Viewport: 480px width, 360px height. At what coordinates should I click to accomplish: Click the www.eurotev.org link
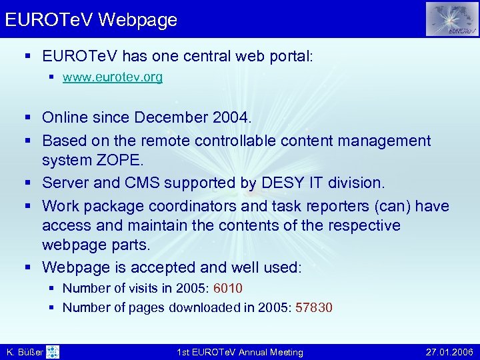[112, 77]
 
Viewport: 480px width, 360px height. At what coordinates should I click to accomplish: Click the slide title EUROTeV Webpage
[91, 19]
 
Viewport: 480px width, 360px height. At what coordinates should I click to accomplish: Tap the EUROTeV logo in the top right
[452, 19]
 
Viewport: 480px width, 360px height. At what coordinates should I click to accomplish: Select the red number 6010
[227, 289]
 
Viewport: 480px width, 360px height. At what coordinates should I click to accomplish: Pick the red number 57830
[314, 308]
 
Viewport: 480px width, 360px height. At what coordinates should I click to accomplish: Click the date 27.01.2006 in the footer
[448, 352]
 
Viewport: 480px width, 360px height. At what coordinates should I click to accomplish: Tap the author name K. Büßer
[24, 352]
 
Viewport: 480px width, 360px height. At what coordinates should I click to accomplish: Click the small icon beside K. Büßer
[53, 351]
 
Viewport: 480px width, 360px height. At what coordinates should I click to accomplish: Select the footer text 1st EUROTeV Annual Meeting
[239, 352]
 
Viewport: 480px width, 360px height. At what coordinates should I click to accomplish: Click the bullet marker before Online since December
[28, 118]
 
